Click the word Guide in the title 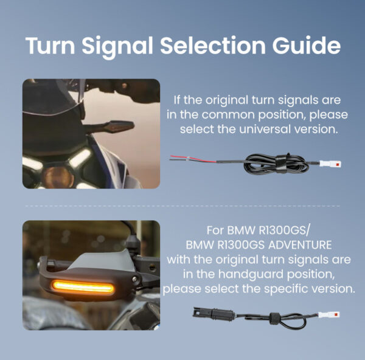tap(307, 45)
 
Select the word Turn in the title tap(50, 45)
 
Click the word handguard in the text tap(251, 274)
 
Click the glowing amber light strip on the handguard tap(83, 287)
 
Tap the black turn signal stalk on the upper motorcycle tap(110, 127)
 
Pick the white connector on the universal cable tap(330, 164)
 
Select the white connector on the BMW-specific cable tap(329, 314)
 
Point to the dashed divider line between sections tap(182, 206)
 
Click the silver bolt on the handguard tap(134, 279)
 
